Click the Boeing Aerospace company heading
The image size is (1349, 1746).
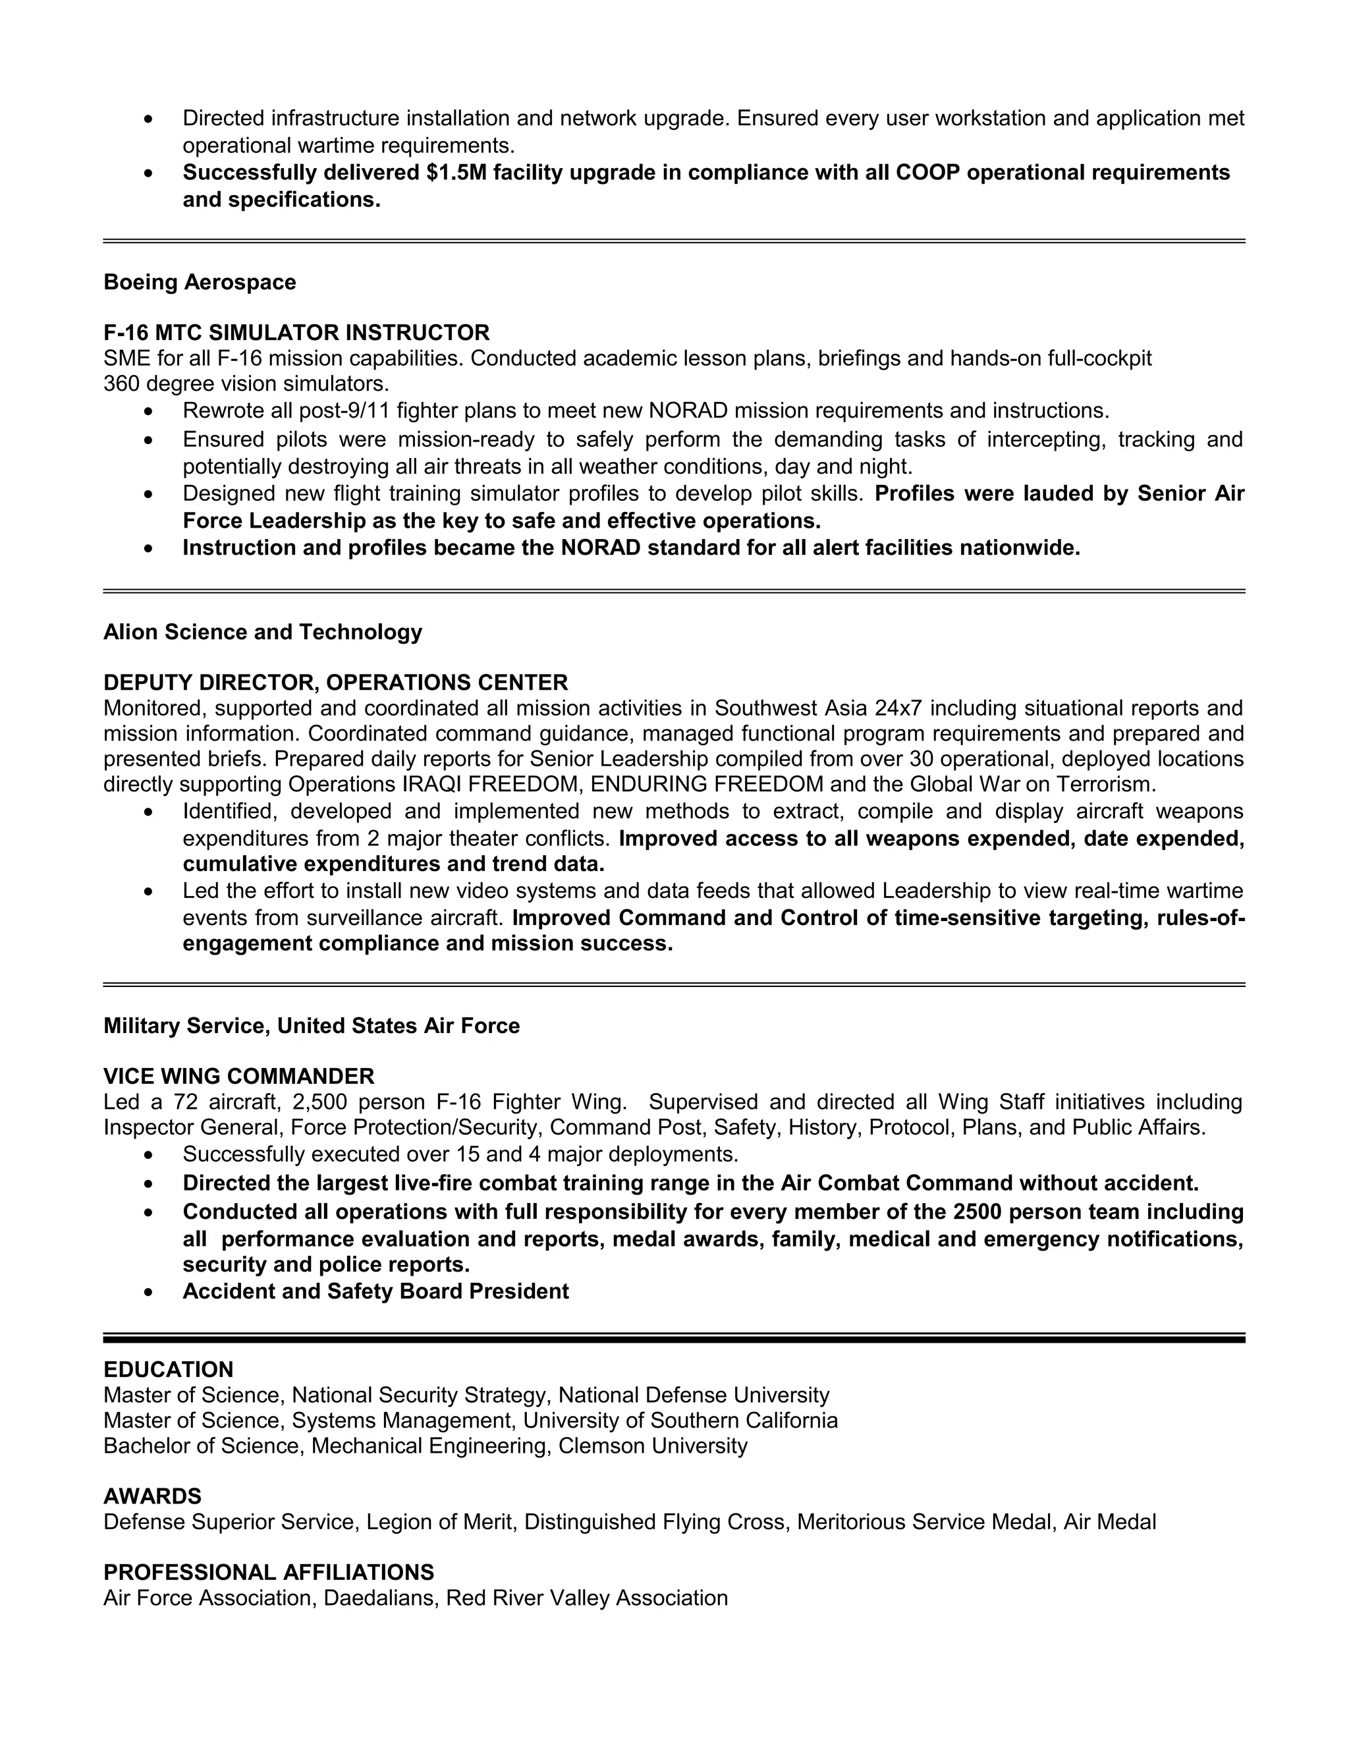pyautogui.click(x=200, y=282)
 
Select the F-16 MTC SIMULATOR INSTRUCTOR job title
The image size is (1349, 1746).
pyautogui.click(x=296, y=333)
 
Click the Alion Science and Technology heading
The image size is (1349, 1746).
pyautogui.click(x=262, y=633)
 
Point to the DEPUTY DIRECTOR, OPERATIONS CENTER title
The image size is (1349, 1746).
pyautogui.click(x=336, y=683)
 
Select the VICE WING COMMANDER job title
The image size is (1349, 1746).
pyautogui.click(x=239, y=1076)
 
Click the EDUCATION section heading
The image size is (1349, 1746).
pyautogui.click(x=169, y=1370)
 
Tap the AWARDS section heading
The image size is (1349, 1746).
pyautogui.click(x=153, y=1496)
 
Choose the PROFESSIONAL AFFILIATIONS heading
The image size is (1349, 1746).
pyautogui.click(x=269, y=1573)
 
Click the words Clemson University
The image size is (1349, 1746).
pyautogui.click(x=653, y=1446)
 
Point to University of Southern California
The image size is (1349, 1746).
pyautogui.click(x=680, y=1421)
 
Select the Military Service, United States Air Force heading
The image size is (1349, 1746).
pyautogui.click(x=312, y=1026)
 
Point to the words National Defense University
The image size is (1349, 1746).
pyautogui.click(x=694, y=1395)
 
